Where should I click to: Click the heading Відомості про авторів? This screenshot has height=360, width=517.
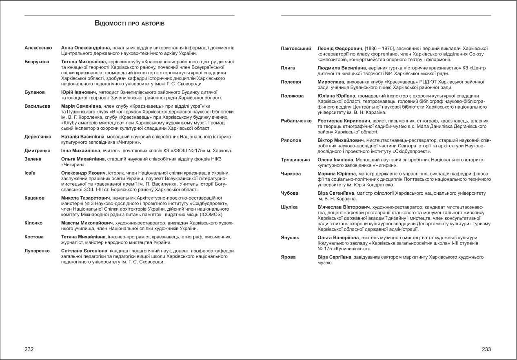(x=129, y=24)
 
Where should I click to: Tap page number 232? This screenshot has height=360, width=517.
(x=29, y=349)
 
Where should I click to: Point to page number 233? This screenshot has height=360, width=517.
(x=486, y=349)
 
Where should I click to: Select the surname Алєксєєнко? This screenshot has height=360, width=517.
(x=38, y=48)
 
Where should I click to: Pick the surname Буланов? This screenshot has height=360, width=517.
(x=34, y=92)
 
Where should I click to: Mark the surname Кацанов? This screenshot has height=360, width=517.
(x=34, y=198)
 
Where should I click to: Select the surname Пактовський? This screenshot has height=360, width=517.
(x=296, y=49)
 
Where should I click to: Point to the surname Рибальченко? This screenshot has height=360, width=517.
(x=296, y=121)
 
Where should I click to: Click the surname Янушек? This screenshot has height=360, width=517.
(x=290, y=238)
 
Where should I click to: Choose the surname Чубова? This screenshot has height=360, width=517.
(x=290, y=193)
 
